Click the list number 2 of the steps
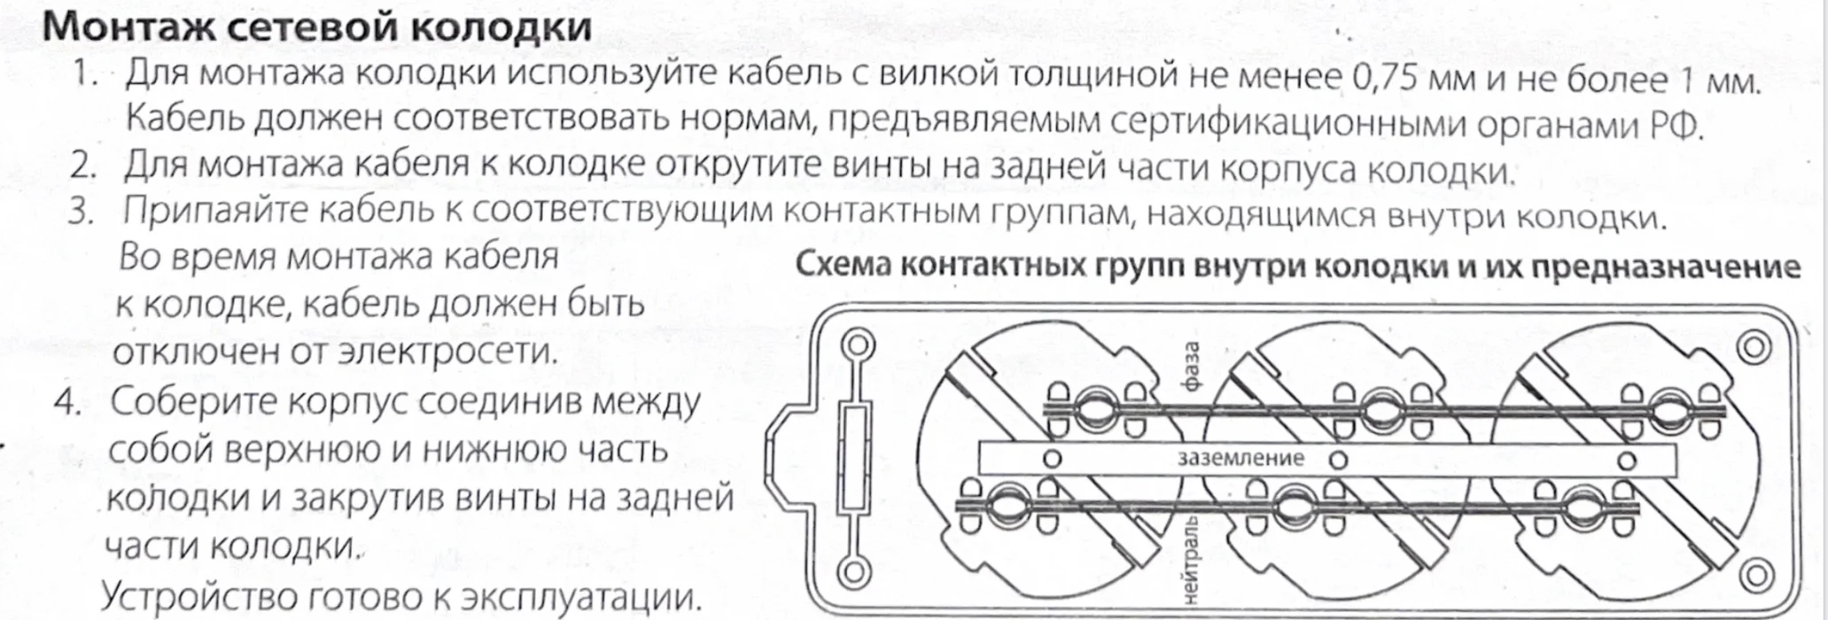click(83, 166)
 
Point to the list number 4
click(67, 402)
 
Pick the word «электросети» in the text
click(448, 352)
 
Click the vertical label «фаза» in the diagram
click(1192, 367)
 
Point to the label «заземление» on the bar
click(1241, 458)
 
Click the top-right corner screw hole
click(1754, 348)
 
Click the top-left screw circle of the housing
click(857, 345)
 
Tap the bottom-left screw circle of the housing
click(852, 572)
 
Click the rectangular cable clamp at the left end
click(854, 458)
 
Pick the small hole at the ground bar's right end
click(1627, 460)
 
